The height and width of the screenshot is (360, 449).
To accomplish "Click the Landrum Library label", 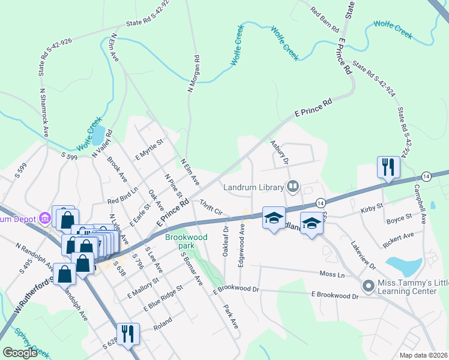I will [253, 187].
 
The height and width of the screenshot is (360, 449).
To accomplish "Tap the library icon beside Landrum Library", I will [292, 187].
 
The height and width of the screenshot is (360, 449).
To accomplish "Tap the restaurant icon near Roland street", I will [127, 334].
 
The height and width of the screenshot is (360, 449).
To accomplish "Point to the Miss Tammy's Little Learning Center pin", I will [368, 286].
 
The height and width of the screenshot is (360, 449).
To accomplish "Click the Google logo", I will [20, 353].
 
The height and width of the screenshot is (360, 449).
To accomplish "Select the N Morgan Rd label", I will [194, 74].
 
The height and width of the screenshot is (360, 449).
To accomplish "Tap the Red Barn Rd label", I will [325, 20].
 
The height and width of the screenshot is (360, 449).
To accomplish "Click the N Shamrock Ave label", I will [43, 112].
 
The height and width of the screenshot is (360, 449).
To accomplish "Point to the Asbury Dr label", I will [279, 153].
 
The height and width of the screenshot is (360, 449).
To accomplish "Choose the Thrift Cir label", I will [211, 208].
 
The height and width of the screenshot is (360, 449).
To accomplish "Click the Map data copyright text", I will [423, 355].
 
